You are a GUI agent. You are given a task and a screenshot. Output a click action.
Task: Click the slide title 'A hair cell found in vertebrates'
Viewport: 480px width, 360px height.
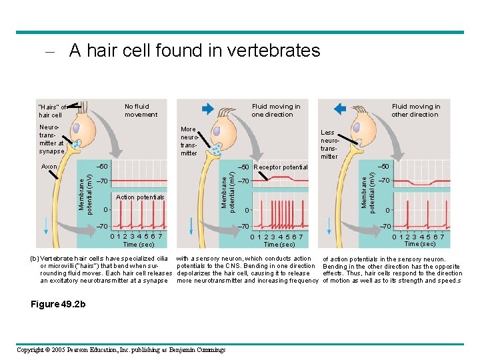(194, 51)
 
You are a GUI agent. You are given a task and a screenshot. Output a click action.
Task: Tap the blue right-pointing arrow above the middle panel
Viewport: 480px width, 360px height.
(207, 109)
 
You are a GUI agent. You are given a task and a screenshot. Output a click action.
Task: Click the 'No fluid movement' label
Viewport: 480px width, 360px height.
(141, 110)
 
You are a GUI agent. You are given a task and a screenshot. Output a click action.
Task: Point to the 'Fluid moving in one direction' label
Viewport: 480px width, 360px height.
(275, 110)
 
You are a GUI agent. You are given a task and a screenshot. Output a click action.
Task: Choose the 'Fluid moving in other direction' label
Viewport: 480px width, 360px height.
(415, 110)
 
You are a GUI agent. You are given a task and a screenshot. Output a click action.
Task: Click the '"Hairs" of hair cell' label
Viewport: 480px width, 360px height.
(53, 111)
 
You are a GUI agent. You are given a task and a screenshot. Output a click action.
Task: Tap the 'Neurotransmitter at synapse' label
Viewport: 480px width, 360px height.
(52, 139)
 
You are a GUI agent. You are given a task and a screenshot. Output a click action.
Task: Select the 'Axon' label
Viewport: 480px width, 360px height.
(49, 166)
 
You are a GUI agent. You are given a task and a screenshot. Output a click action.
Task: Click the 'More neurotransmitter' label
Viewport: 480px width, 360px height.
(189, 141)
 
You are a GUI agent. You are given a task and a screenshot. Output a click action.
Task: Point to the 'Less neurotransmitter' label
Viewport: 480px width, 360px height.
(329, 145)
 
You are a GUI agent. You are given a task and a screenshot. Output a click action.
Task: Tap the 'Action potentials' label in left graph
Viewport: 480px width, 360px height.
(139, 197)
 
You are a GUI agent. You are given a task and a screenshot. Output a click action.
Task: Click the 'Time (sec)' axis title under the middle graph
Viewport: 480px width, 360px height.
(278, 245)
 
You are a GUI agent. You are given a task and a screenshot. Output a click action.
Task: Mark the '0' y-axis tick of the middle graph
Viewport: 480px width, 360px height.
(246, 211)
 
